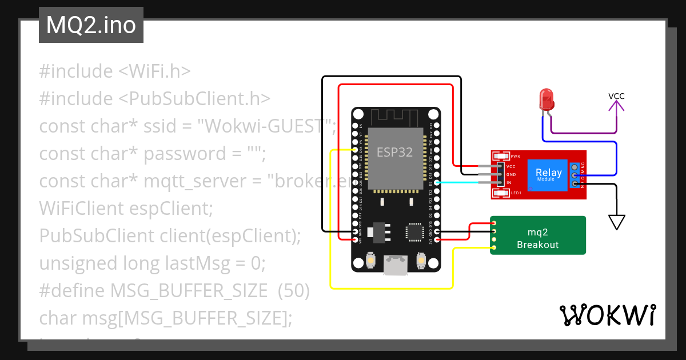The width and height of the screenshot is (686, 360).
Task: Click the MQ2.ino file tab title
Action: [x=91, y=26]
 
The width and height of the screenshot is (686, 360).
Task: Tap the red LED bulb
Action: [x=546, y=99]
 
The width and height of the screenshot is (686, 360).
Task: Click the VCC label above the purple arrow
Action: [x=616, y=96]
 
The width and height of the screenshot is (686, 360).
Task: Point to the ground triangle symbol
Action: [x=616, y=222]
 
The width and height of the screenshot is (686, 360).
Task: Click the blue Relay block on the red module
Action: [x=548, y=174]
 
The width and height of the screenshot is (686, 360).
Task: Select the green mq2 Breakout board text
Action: [x=537, y=238]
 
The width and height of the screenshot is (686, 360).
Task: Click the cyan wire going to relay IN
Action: [x=463, y=182]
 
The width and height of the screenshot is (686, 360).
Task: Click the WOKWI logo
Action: [x=607, y=315]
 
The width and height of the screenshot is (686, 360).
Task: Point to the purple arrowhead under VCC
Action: [x=616, y=107]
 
